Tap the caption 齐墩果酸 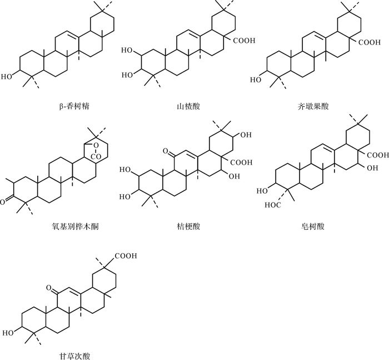click(x=313, y=105)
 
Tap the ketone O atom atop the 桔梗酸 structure click(x=166, y=150)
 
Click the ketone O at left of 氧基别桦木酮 click(x=5, y=197)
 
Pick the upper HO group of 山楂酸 click(x=127, y=50)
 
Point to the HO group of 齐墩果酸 click(x=256, y=79)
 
